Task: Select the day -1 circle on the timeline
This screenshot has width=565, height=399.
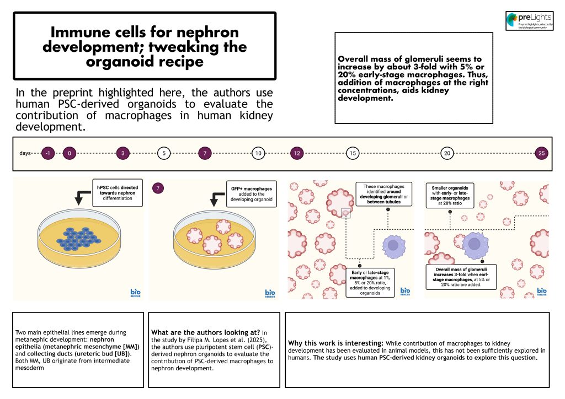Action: coord(49,154)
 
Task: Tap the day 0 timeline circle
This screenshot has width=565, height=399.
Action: coord(70,154)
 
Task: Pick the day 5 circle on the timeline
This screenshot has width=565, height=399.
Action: coord(164,154)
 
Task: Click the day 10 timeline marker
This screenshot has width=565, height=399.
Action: coord(258,154)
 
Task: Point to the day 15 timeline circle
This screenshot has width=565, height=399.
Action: coord(352,154)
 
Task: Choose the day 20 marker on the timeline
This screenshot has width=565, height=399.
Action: coord(447,154)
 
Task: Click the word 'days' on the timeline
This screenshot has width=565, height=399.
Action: coord(25,154)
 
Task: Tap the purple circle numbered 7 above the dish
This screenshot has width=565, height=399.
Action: coord(159,188)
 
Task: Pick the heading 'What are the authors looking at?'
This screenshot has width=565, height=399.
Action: coord(204,333)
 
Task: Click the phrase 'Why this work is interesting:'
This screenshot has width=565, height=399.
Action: coord(323,343)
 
